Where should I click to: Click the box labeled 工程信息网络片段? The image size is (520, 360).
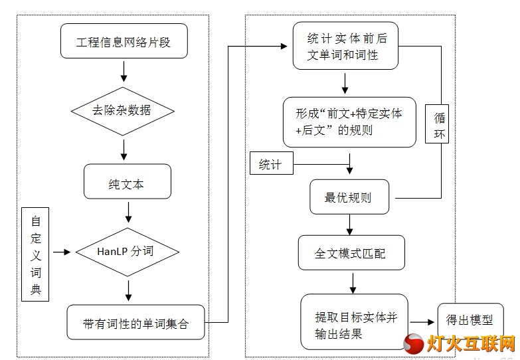pyautogui.click(x=124, y=41)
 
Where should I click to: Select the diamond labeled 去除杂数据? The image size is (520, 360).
pyautogui.click(x=123, y=111)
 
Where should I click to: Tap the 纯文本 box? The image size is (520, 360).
pyautogui.click(x=128, y=181)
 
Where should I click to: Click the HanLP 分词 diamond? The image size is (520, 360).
pyautogui.click(x=128, y=252)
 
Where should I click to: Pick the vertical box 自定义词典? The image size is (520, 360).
pyautogui.click(x=35, y=254)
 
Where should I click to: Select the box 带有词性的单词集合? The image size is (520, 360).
pyautogui.click(x=135, y=322)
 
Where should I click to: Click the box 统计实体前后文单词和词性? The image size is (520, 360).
pyautogui.click(x=345, y=46)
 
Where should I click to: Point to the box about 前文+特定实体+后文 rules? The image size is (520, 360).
pyautogui.click(x=349, y=122)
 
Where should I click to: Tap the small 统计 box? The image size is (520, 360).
pyautogui.click(x=272, y=163)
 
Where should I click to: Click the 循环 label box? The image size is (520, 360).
pyautogui.click(x=437, y=124)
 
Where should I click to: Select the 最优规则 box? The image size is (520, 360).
pyautogui.click(x=349, y=197)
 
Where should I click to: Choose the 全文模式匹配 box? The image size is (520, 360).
pyautogui.click(x=351, y=253)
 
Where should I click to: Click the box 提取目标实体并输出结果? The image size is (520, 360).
pyautogui.click(x=354, y=322)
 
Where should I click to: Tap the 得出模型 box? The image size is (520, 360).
pyautogui.click(x=471, y=321)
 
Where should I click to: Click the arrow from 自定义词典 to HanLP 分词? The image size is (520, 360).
pyautogui.click(x=62, y=252)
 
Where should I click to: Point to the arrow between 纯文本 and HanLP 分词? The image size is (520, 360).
pyautogui.click(x=128, y=213)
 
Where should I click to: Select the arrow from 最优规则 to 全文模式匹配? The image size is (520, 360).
pyautogui.click(x=349, y=225)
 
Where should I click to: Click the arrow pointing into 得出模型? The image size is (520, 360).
pyautogui.click(x=422, y=322)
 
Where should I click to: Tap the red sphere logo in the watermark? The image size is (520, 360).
pyautogui.click(x=414, y=343)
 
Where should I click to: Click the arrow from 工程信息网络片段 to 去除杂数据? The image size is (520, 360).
pyautogui.click(x=124, y=71)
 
